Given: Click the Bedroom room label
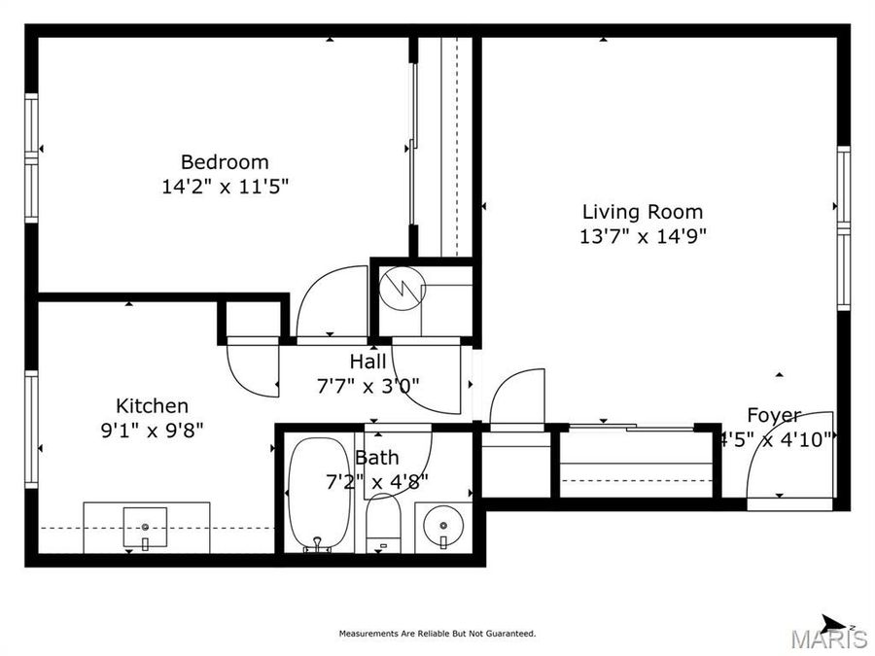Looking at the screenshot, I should pyautogui.click(x=225, y=162).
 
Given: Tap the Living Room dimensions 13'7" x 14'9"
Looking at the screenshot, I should pyautogui.click(x=642, y=235).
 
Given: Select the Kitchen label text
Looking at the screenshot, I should pyautogui.click(x=153, y=406).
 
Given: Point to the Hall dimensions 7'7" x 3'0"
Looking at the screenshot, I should pyautogui.click(x=368, y=384).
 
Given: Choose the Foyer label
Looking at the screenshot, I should pyautogui.click(x=774, y=416).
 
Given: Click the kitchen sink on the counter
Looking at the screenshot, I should pyautogui.click(x=146, y=528).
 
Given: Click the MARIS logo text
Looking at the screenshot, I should pyautogui.click(x=828, y=639).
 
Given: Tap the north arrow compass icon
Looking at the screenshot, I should pyautogui.click(x=832, y=623).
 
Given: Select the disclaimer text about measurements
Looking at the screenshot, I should pyautogui.click(x=437, y=634).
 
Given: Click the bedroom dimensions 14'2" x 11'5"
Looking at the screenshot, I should pyautogui.click(x=225, y=186).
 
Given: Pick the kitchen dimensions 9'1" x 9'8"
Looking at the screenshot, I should pyautogui.click(x=153, y=430).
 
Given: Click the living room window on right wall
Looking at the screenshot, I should pyautogui.click(x=843, y=228).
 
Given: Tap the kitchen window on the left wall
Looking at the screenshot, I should pyautogui.click(x=31, y=428).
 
